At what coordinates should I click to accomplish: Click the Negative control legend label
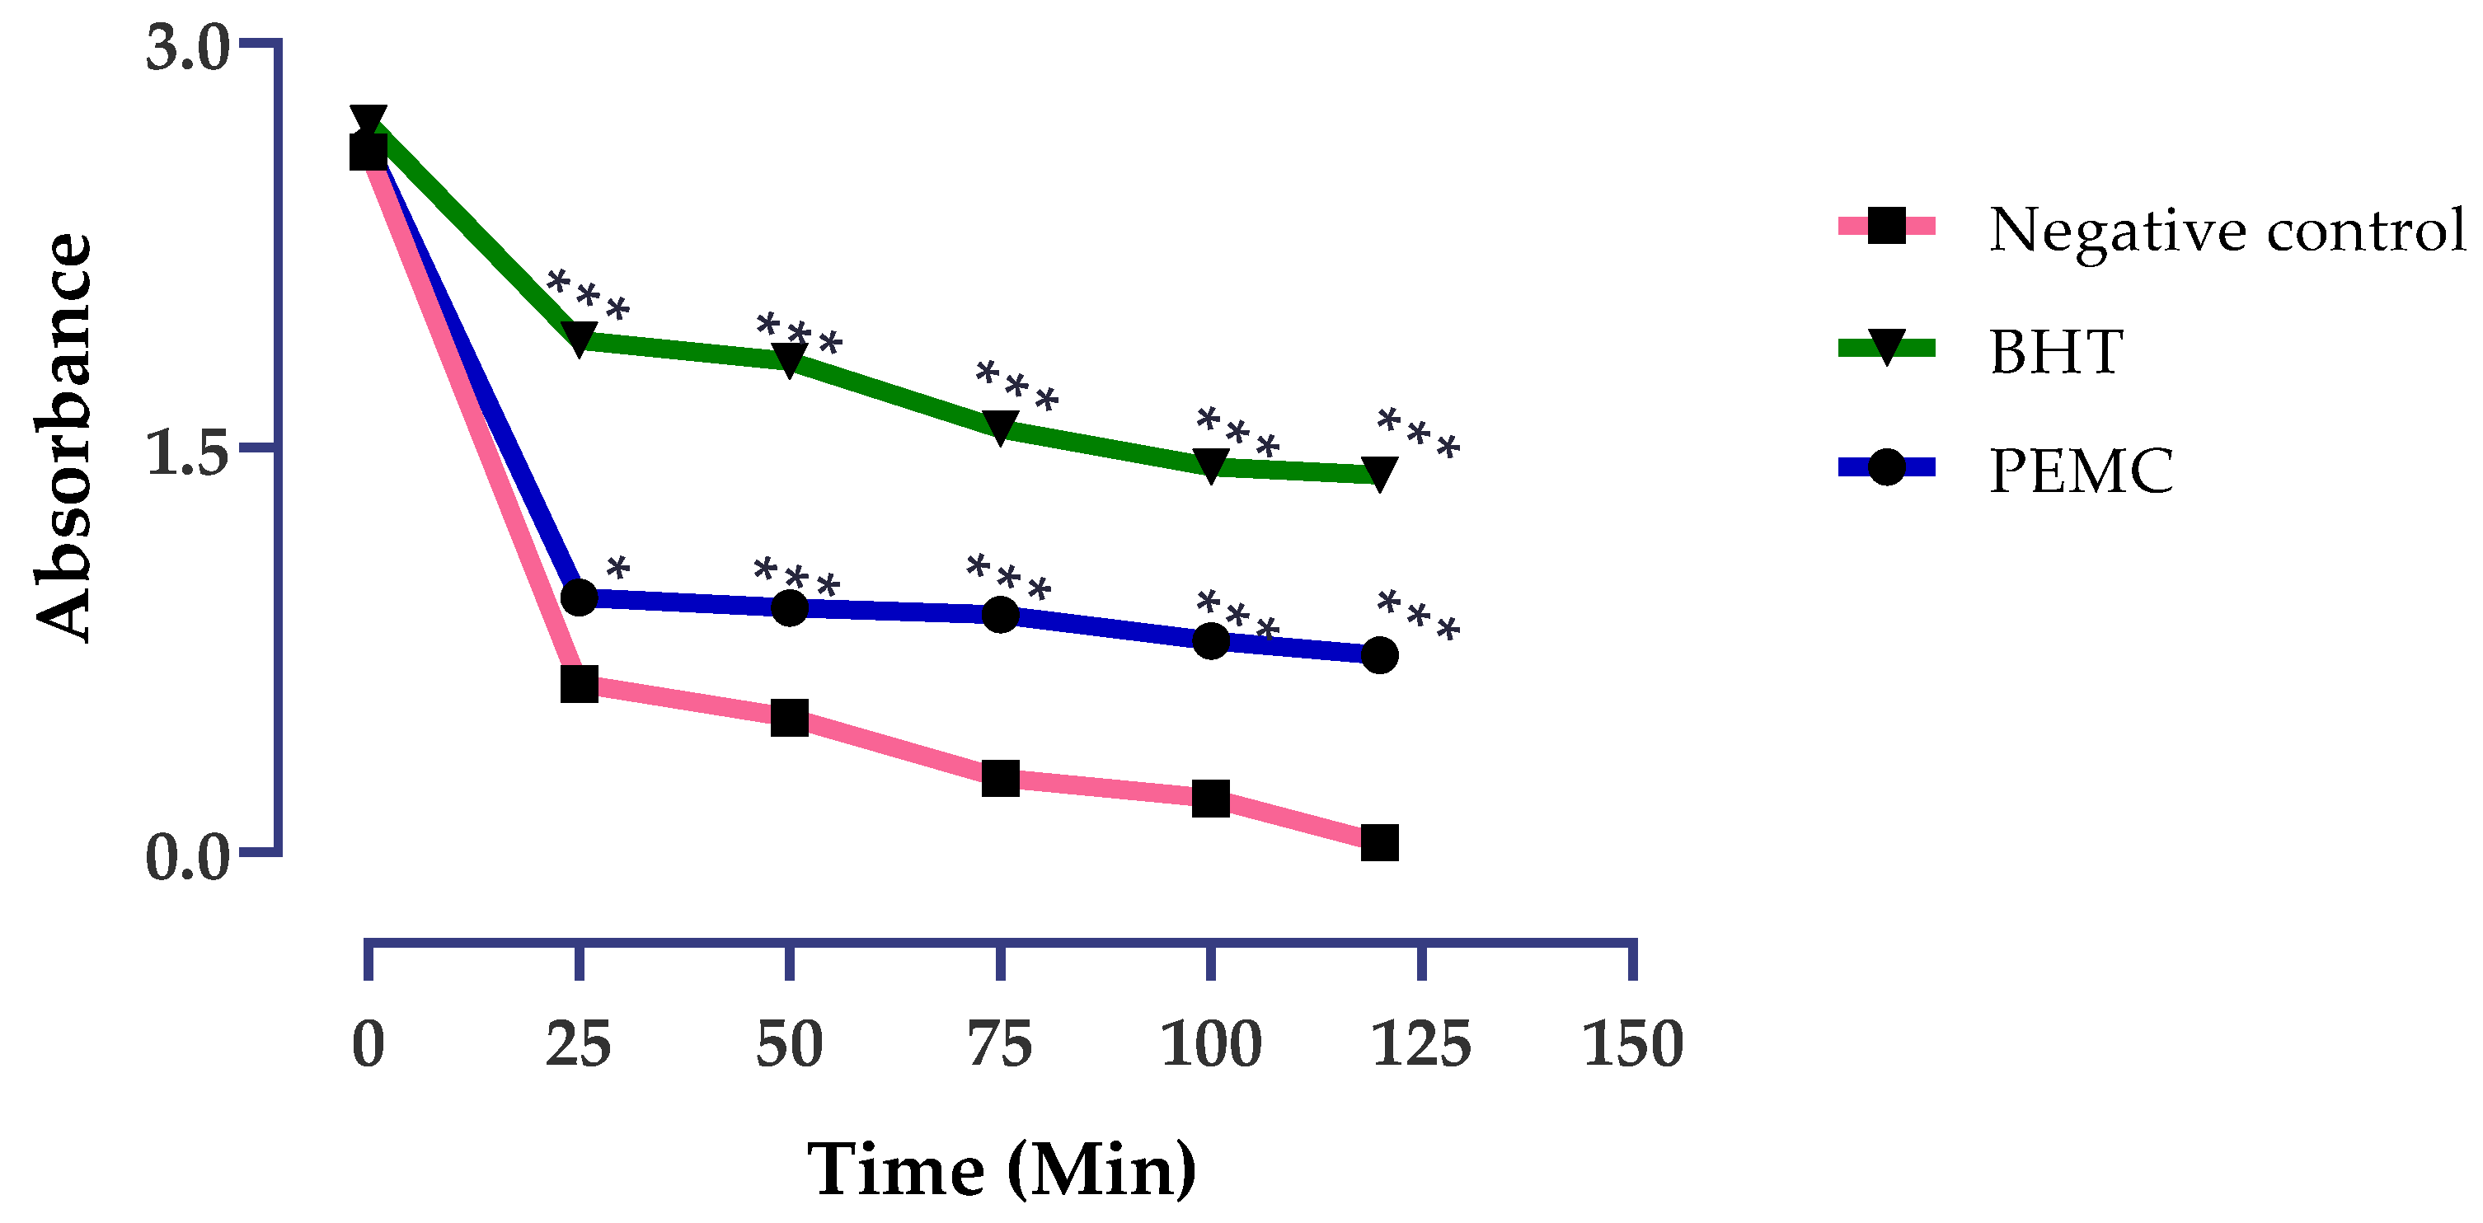2227,232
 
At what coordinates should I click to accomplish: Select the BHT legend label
2056,351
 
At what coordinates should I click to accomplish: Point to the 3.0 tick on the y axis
188,48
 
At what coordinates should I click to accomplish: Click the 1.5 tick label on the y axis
188,454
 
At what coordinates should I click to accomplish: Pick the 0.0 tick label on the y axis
188,858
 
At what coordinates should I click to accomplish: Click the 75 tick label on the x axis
1000,1045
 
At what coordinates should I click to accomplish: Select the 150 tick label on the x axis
1632,1045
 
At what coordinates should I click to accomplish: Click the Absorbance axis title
63,438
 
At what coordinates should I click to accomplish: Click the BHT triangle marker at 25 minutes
579,338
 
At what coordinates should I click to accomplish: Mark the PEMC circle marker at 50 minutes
790,607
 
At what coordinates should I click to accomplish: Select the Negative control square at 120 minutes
1379,842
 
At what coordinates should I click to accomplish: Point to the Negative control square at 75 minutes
1001,778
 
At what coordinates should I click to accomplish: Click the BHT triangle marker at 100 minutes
1211,466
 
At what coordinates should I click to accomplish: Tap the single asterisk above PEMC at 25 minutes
617,569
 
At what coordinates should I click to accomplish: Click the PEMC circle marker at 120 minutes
1379,655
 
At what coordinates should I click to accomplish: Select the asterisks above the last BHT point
1418,433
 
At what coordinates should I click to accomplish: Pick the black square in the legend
1886,227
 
